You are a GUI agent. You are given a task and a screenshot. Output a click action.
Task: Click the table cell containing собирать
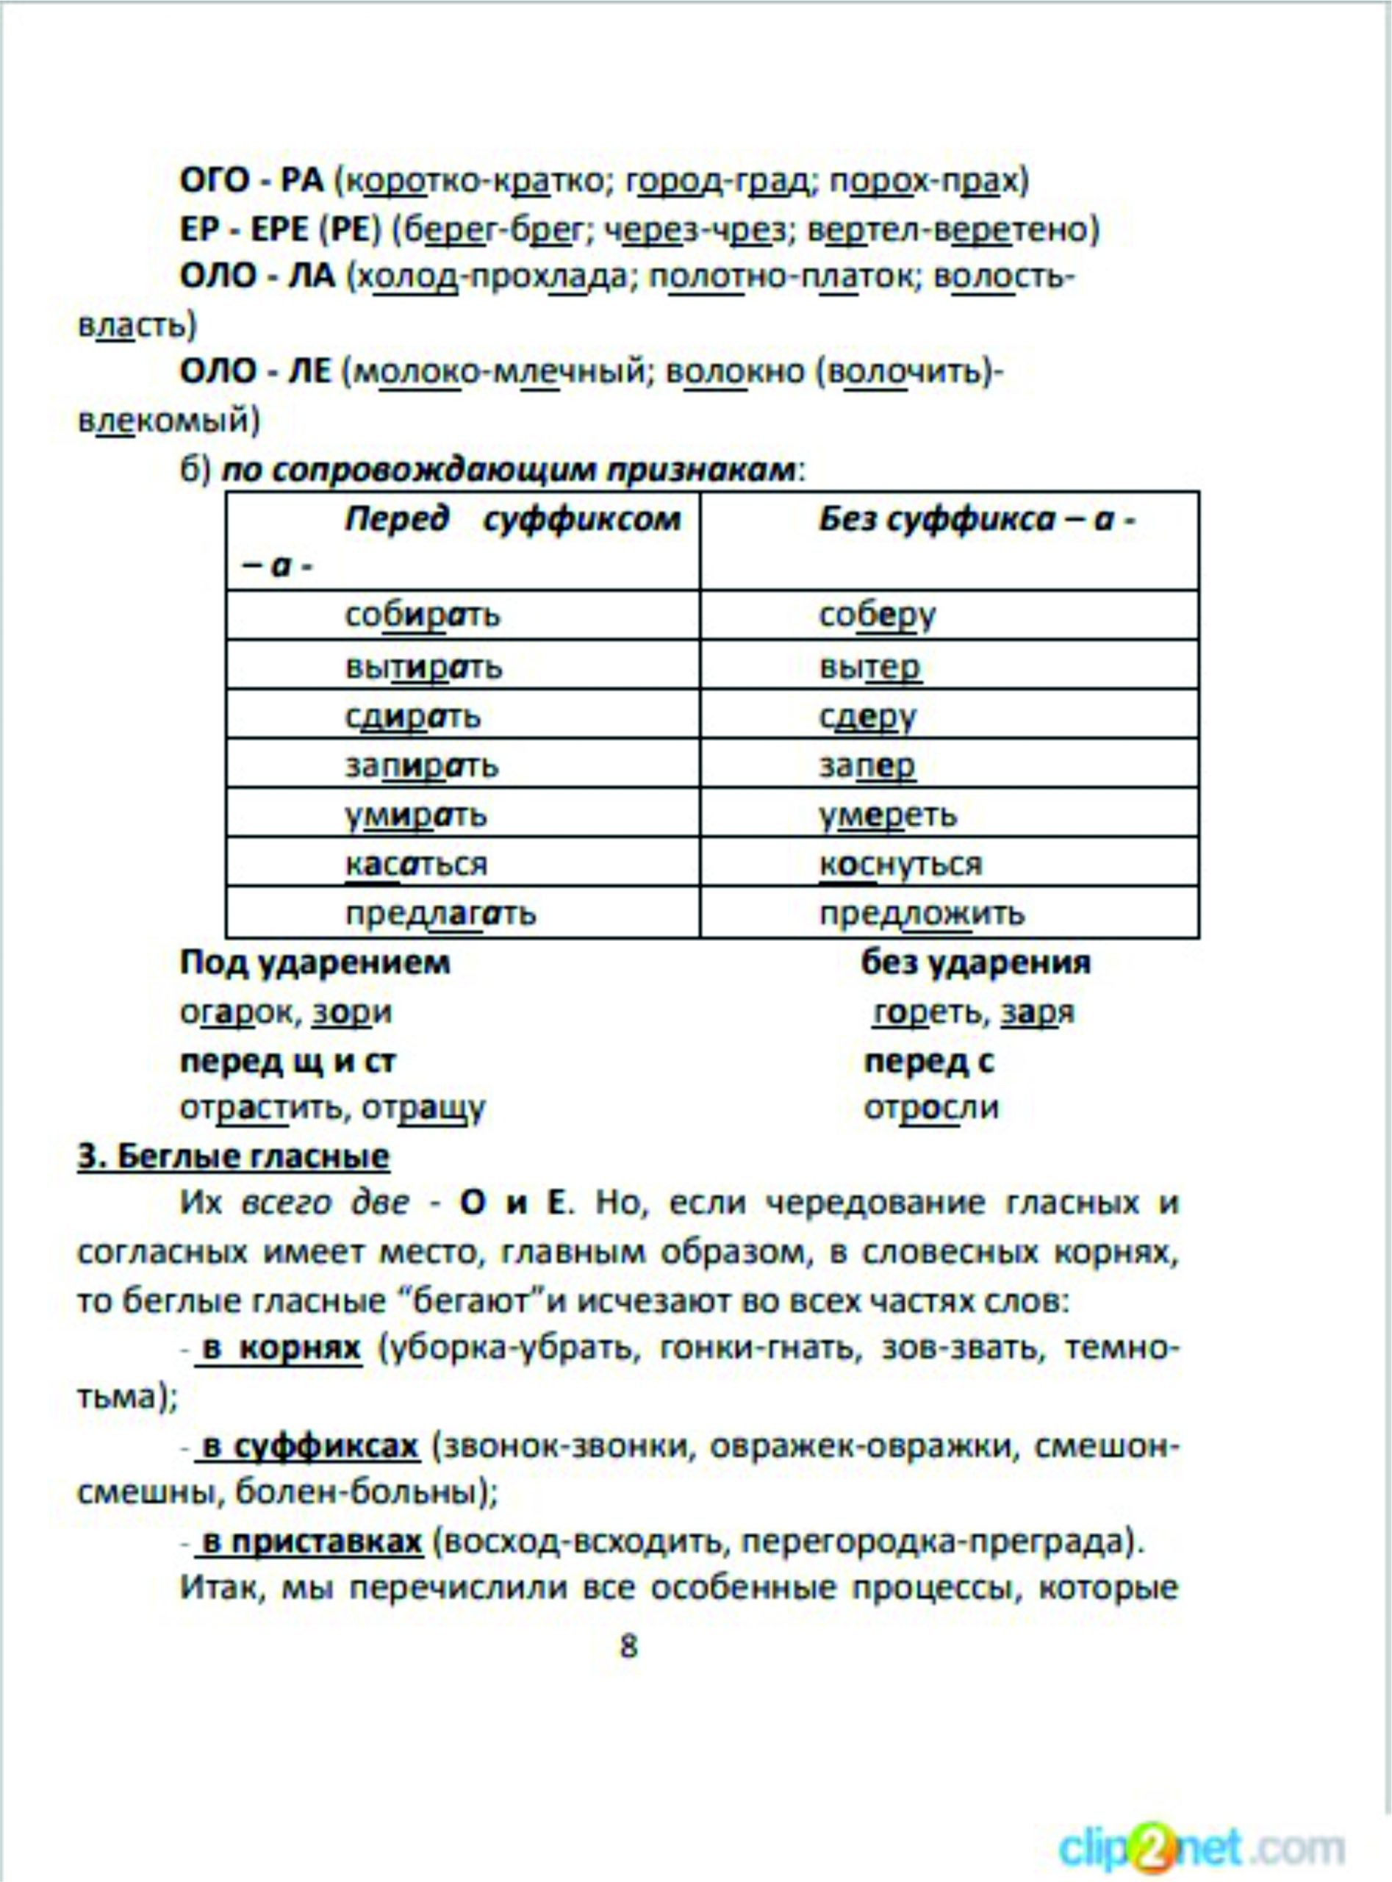[462, 615]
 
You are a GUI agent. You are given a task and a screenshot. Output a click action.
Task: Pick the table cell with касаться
[462, 864]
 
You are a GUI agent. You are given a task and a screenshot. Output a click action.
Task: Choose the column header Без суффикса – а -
[949, 541]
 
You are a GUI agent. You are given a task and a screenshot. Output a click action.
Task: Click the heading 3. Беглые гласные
[234, 1156]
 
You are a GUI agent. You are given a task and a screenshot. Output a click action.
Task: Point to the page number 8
[628, 1645]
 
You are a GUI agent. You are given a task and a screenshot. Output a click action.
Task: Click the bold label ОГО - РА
[252, 181]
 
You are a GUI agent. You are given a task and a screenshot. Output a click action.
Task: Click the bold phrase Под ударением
[315, 962]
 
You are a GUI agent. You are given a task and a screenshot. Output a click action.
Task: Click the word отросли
[931, 1107]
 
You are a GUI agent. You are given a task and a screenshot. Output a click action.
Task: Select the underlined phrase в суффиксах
[310, 1446]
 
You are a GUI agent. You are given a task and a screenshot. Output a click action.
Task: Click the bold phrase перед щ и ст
[287, 1061]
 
